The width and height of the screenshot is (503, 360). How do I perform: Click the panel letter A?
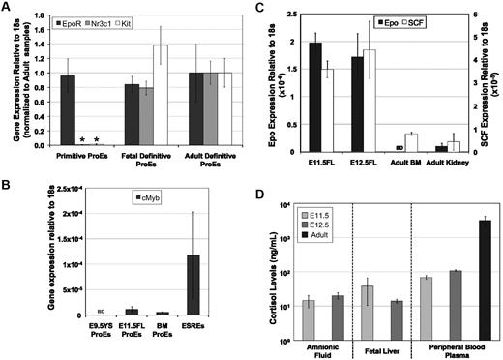(x=9, y=8)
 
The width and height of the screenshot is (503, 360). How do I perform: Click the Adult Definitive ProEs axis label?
(x=206, y=161)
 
